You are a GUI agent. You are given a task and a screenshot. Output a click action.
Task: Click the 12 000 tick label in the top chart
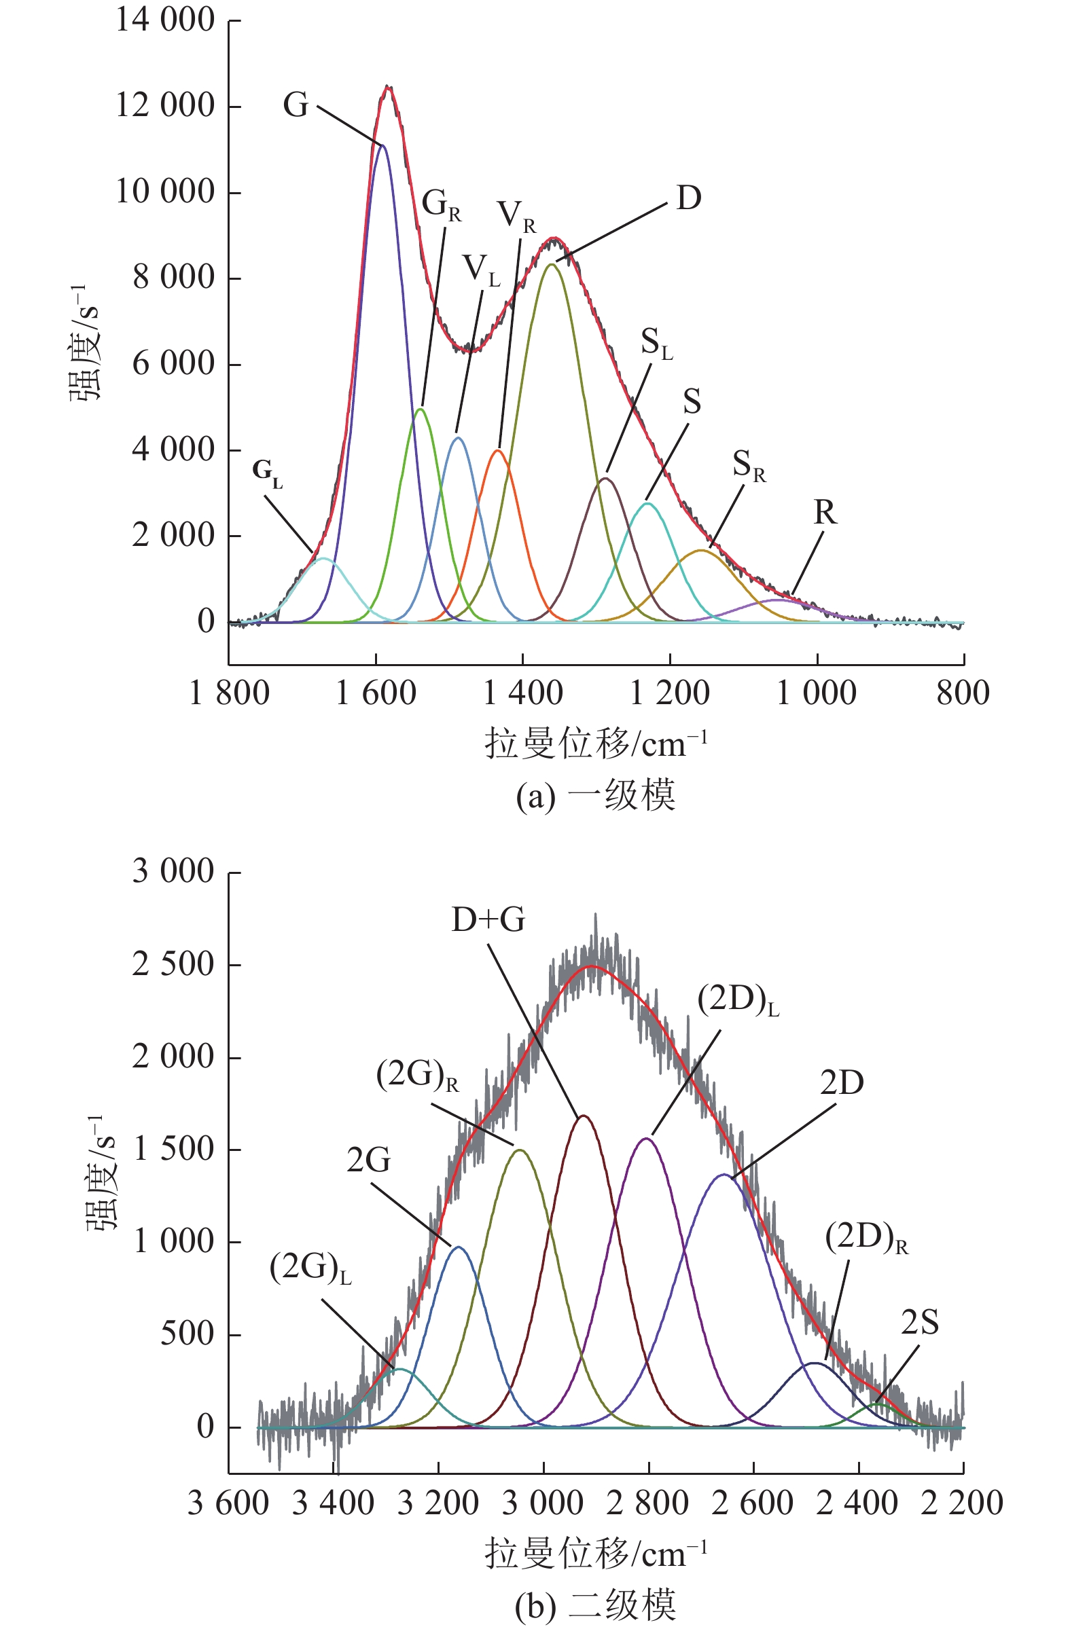click(x=165, y=106)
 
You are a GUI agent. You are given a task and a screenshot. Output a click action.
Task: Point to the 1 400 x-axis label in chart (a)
click(x=522, y=694)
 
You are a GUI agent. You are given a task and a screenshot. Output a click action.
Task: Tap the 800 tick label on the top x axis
click(x=963, y=694)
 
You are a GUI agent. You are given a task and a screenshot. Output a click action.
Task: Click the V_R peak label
click(x=517, y=215)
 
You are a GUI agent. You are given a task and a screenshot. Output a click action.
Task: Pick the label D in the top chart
click(x=689, y=198)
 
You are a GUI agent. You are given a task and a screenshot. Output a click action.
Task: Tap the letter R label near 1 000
click(x=825, y=512)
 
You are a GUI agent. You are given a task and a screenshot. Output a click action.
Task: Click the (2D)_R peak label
click(x=866, y=1237)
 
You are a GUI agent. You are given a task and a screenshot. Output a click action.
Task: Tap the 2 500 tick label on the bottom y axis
click(x=173, y=964)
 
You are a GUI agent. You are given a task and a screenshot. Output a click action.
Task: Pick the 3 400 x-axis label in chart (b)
click(x=333, y=1505)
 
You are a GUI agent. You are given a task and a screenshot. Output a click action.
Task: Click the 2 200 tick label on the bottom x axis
click(x=962, y=1505)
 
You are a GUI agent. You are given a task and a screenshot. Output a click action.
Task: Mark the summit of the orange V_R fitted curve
click(x=499, y=450)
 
